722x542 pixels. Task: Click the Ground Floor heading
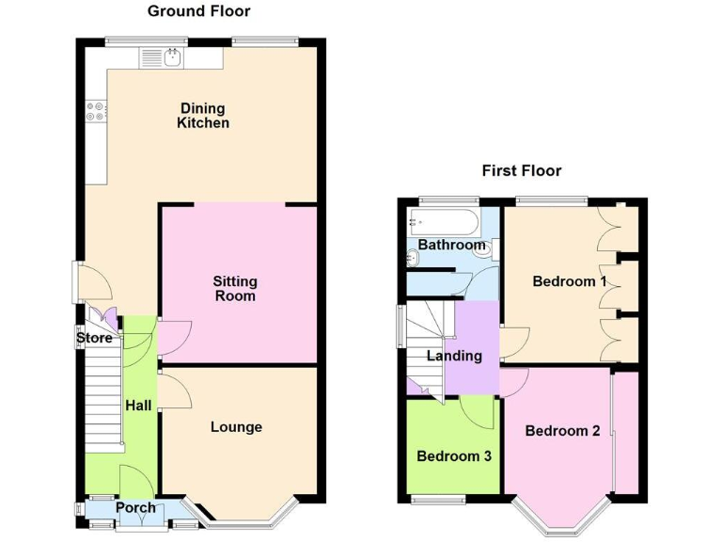coord(198,11)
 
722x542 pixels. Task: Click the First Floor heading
coord(521,170)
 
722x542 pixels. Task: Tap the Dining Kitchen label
coord(202,116)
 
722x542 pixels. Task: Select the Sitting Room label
coord(234,289)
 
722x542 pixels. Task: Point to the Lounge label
coord(236,427)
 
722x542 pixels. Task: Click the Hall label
coord(138,405)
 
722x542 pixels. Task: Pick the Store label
coord(94,338)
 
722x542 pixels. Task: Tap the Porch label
coord(135,508)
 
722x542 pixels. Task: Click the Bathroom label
coord(451,245)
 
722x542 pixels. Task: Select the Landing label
coord(454,356)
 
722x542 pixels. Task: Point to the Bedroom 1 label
coord(570,281)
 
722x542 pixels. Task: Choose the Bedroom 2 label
coord(562,431)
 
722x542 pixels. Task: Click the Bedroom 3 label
coord(454,456)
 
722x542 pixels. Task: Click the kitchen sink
coord(165,58)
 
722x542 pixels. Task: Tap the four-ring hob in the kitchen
coord(96,111)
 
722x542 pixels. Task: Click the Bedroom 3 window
coord(438,498)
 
